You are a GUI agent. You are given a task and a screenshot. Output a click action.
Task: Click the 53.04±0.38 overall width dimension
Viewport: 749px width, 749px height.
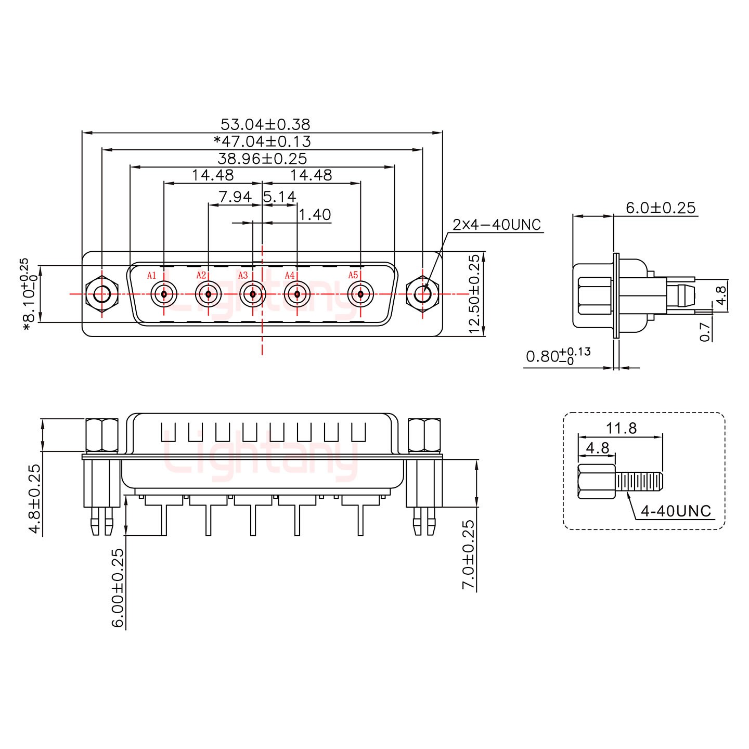click(265, 124)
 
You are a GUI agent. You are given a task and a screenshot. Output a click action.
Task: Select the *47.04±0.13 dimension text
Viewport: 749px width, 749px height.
click(262, 141)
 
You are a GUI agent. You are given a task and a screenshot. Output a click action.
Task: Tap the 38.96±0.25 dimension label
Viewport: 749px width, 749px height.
click(262, 158)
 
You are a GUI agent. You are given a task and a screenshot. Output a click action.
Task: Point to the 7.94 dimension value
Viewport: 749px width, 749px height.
click(235, 197)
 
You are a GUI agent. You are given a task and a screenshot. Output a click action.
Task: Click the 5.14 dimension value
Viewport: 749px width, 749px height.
click(280, 197)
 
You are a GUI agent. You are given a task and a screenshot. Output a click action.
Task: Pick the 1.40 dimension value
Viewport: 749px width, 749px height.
click(315, 214)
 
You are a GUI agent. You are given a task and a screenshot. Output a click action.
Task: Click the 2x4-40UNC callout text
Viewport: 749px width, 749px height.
click(497, 225)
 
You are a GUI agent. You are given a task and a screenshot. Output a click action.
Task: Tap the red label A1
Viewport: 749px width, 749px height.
click(151, 275)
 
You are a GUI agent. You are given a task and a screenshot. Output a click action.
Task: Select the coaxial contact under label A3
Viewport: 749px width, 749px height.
click(253, 294)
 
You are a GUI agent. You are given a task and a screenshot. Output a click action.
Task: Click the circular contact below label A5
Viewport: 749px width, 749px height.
click(360, 294)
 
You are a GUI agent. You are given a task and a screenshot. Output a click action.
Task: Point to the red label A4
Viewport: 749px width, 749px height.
click(290, 275)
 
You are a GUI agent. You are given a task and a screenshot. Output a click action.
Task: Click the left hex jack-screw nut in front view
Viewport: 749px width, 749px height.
click(102, 294)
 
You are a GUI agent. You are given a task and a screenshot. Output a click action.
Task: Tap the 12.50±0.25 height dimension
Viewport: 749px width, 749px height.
click(474, 294)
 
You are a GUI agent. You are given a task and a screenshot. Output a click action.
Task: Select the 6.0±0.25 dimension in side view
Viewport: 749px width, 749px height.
click(660, 208)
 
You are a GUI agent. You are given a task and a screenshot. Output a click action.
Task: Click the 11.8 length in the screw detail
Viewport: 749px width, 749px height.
click(621, 428)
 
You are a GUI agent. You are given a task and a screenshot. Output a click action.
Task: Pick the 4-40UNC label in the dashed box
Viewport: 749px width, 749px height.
click(676, 511)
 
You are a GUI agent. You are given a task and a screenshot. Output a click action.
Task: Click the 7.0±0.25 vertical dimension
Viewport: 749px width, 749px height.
click(468, 554)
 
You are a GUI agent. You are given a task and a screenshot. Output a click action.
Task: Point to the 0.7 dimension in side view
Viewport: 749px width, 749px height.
click(705, 331)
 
